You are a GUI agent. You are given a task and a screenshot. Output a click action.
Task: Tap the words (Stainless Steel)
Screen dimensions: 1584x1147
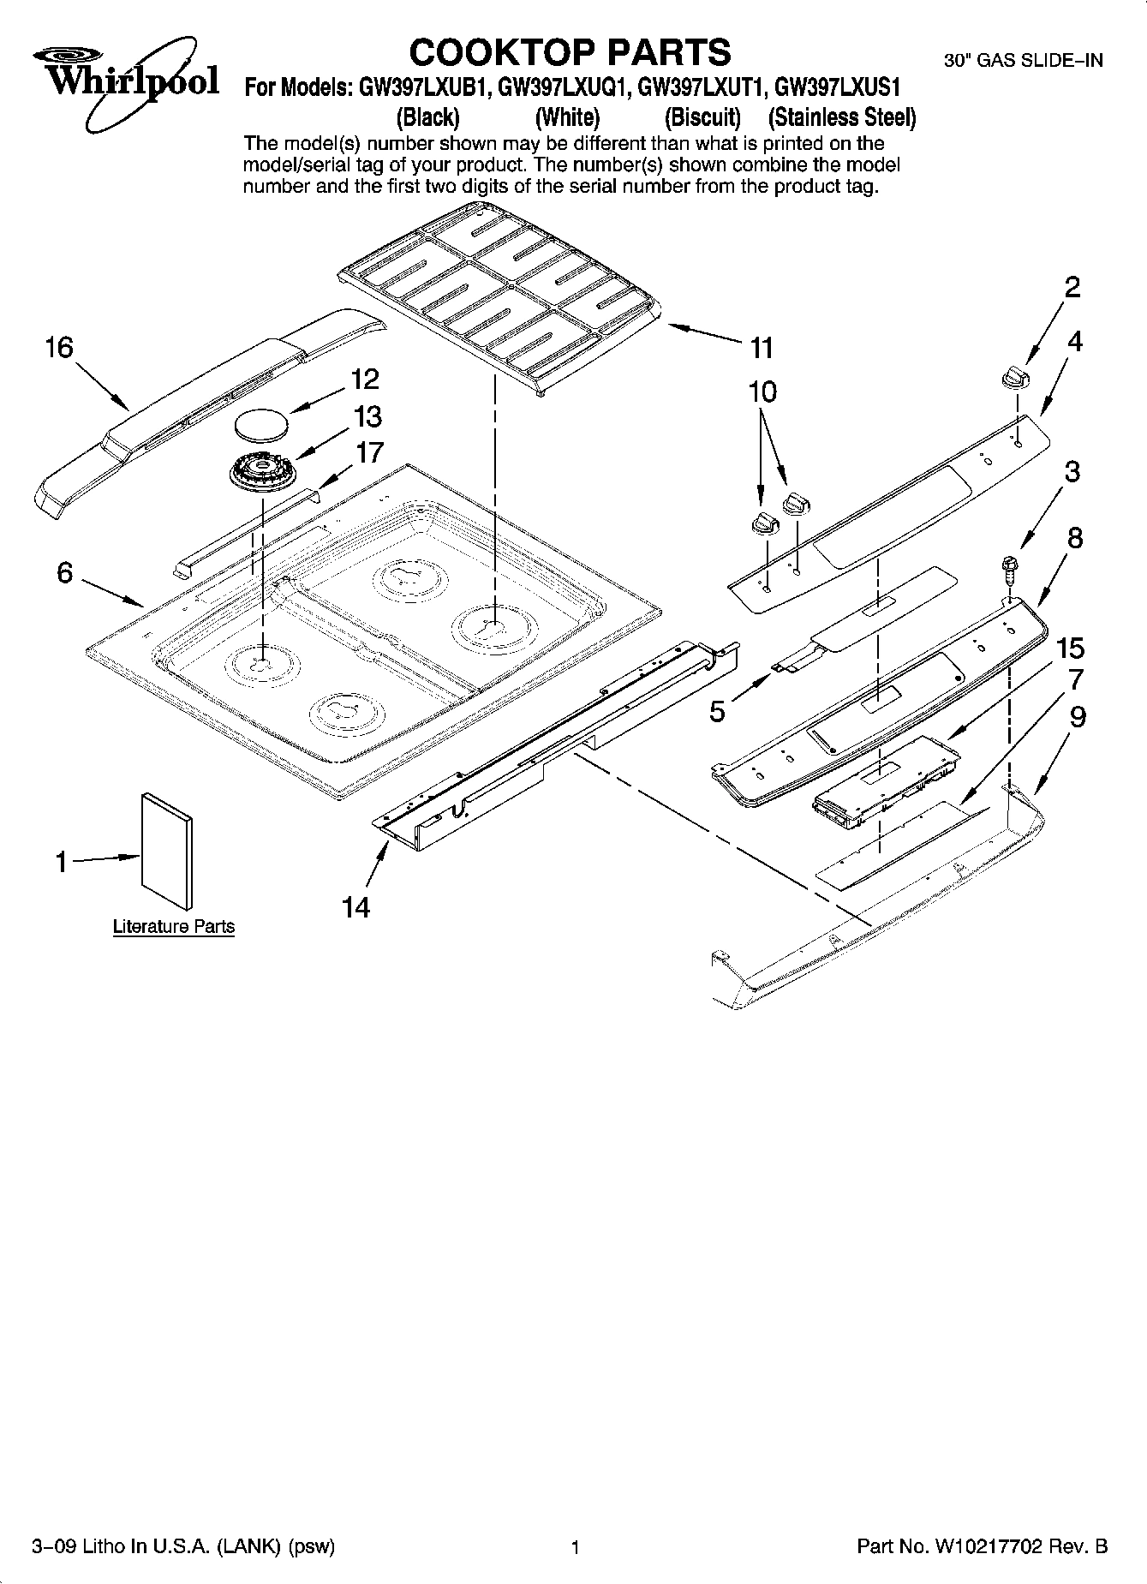point(842,117)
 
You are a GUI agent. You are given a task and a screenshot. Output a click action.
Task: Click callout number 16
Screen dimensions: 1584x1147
point(59,347)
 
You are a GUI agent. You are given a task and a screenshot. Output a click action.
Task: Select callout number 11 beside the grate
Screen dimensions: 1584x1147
point(761,348)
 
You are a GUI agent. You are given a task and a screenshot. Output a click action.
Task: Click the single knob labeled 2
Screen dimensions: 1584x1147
point(1013,376)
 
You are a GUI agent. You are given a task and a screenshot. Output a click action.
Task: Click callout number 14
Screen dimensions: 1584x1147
point(356,907)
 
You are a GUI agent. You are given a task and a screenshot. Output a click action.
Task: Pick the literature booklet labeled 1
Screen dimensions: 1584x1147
point(166,849)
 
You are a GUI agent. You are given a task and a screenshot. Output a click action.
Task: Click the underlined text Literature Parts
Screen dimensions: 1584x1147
point(174,927)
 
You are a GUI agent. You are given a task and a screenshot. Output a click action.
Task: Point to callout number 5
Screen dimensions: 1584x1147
point(718,710)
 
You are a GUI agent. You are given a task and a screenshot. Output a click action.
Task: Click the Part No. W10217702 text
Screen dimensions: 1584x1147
point(982,1547)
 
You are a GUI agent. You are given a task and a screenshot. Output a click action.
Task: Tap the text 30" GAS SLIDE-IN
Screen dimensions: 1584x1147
point(1023,60)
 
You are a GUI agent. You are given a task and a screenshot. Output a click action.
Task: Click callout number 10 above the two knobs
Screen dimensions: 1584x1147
point(762,392)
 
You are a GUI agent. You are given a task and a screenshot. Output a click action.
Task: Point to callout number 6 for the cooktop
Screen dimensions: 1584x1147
point(65,572)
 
